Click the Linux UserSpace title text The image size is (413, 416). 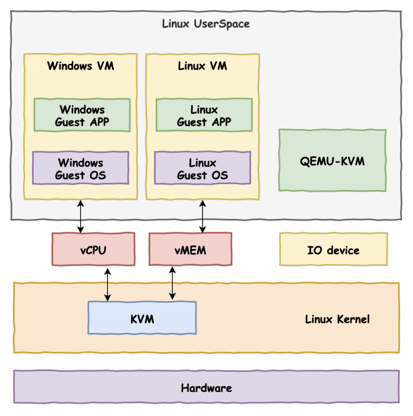(x=205, y=24)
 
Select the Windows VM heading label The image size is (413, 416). (x=81, y=66)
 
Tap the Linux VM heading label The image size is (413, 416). (x=202, y=66)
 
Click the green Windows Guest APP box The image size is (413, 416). (x=81, y=116)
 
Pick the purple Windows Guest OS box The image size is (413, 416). (x=80, y=169)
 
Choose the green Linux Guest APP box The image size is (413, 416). (x=204, y=116)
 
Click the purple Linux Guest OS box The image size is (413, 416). (x=203, y=169)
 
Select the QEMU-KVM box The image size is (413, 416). (x=332, y=160)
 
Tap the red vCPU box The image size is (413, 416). (x=93, y=250)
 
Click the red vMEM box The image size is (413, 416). (x=190, y=250)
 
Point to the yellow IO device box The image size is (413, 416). (x=333, y=250)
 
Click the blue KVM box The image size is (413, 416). (x=142, y=319)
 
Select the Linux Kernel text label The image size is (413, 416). (x=337, y=319)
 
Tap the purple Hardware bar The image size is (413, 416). (x=206, y=388)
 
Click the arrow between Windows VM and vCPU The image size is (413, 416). (x=81, y=216)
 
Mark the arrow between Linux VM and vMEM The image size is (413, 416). (x=203, y=216)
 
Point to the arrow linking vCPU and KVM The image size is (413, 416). (x=107, y=284)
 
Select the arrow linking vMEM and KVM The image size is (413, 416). (x=172, y=283)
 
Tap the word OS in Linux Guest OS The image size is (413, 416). (x=219, y=175)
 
